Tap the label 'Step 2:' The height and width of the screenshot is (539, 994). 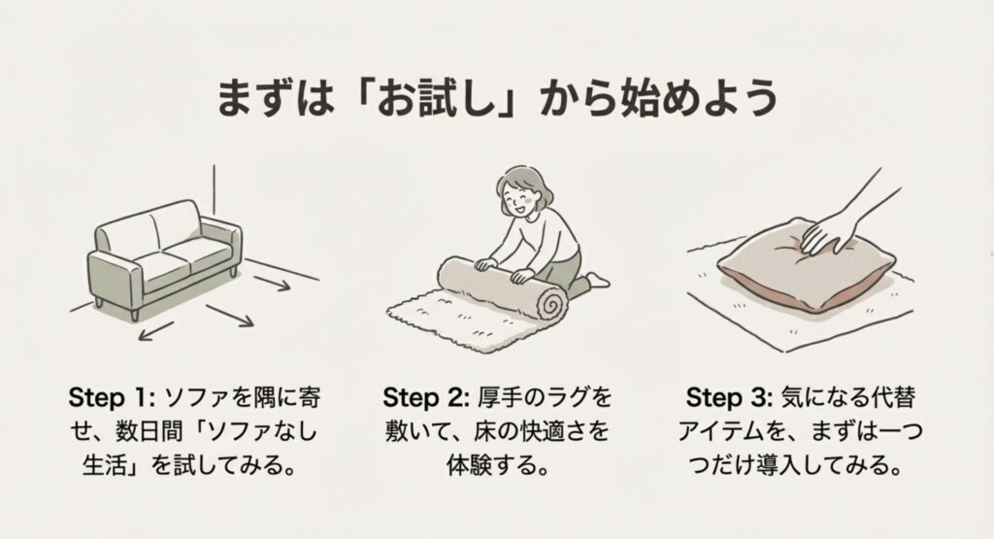[x=425, y=398]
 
